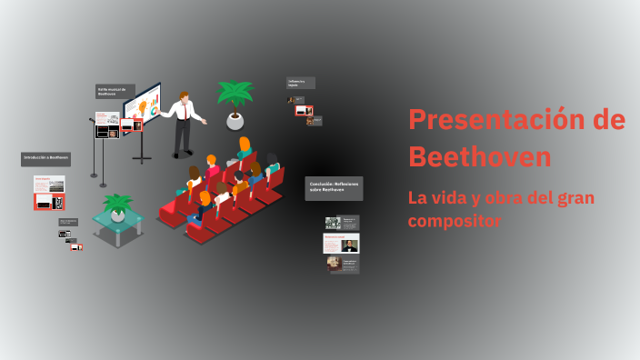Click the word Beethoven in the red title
click(x=479, y=156)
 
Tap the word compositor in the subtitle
click(x=455, y=221)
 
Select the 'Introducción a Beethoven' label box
click(x=45, y=159)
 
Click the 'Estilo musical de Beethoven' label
click(x=115, y=91)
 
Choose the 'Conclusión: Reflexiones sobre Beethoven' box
click(x=334, y=188)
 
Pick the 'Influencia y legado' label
click(x=301, y=83)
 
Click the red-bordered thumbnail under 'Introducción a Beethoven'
click(x=49, y=202)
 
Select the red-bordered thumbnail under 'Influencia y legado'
click(x=302, y=111)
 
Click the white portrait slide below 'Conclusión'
click(x=341, y=244)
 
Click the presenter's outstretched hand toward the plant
click(x=205, y=121)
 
